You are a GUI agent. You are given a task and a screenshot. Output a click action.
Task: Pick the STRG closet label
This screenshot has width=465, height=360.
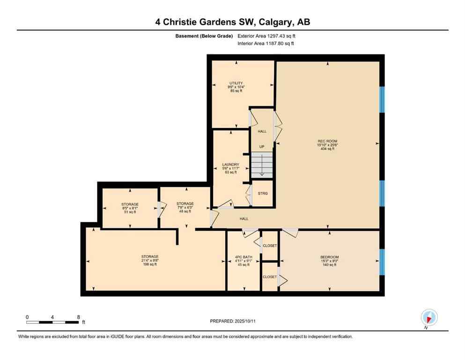[x=262, y=193]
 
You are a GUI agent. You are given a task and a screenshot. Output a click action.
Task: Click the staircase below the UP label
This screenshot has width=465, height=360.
[x=262, y=165]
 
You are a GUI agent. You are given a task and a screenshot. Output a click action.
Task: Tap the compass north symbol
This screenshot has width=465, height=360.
[x=429, y=318]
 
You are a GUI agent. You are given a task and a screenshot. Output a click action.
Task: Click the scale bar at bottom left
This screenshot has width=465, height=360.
[x=52, y=322]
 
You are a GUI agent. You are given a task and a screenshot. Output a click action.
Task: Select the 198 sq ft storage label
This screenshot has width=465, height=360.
[x=150, y=260]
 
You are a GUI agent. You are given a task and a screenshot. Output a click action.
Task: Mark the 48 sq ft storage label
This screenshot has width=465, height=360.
[x=185, y=207]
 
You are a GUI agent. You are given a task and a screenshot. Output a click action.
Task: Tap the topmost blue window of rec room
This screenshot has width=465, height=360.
[x=382, y=99]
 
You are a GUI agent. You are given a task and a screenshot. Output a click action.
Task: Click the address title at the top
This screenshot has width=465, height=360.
[x=232, y=22]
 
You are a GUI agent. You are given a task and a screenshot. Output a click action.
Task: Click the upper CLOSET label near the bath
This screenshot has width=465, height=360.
[x=270, y=246]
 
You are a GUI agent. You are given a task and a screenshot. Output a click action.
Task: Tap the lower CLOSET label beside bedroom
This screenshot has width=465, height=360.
[x=270, y=277]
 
